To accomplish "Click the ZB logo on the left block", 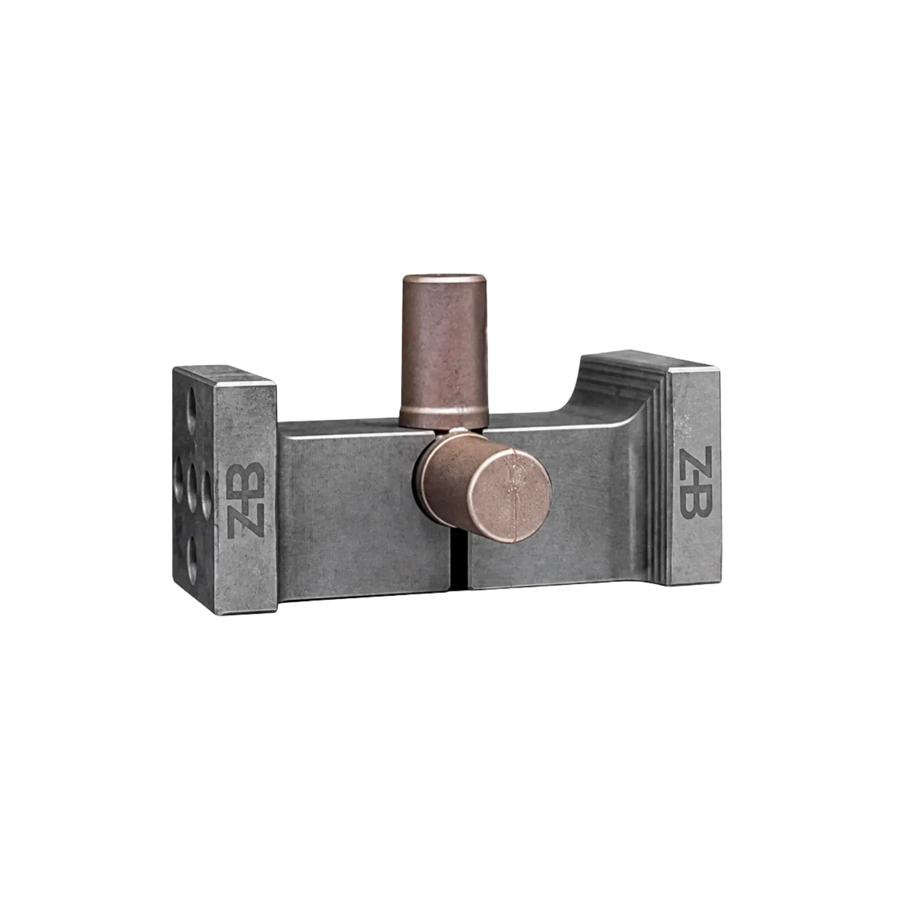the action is pyautogui.click(x=245, y=499).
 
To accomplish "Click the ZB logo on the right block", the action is pyautogui.click(x=695, y=483).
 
